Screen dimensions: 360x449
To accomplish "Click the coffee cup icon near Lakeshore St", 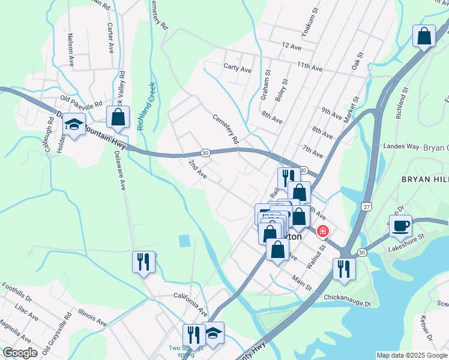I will click(400, 225).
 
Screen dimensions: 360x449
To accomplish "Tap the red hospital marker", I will click(323, 231).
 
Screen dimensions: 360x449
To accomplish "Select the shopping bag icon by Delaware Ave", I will click(118, 118).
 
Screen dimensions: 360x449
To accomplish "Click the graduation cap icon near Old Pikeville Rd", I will click(74, 124).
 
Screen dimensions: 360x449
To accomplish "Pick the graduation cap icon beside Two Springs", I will click(212, 333).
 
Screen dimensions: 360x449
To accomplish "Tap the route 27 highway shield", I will click(366, 206).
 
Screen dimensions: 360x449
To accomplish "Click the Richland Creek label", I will click(146, 106).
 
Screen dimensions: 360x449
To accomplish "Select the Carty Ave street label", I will click(237, 69).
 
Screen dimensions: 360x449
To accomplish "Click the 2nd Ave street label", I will click(197, 170).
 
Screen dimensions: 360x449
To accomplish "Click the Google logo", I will click(20, 353).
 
